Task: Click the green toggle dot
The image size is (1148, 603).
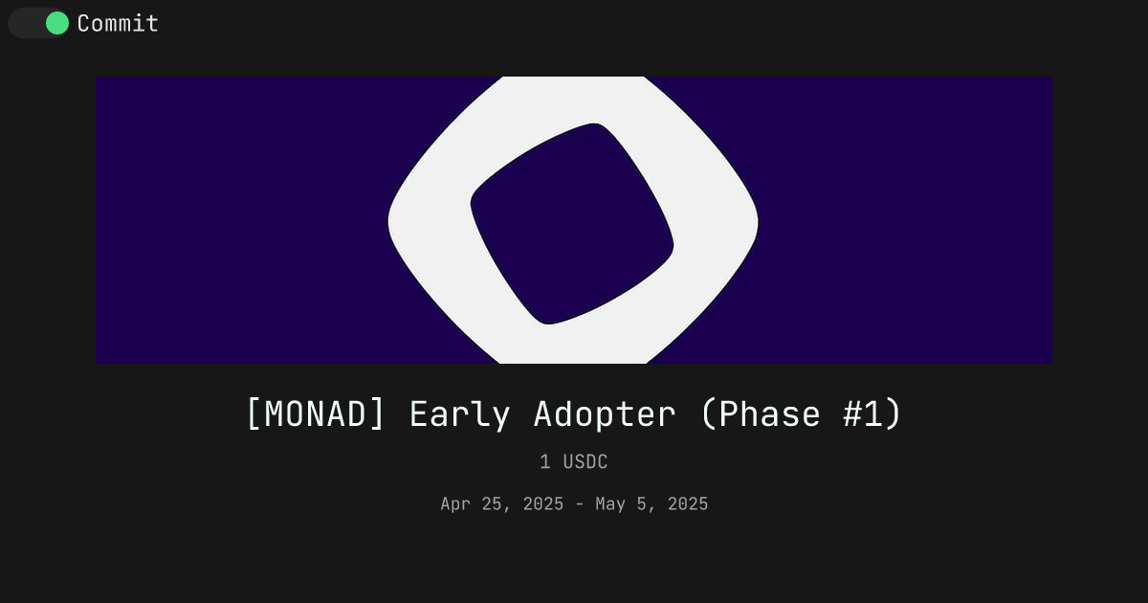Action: pos(57,23)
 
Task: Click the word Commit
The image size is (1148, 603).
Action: pos(118,24)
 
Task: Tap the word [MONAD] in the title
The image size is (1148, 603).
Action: pos(316,413)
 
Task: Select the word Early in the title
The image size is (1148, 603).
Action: pos(460,414)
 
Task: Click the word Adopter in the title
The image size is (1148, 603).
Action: pos(605,414)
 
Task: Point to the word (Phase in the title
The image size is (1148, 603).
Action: pos(761,413)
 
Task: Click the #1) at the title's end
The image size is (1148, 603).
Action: pos(872,413)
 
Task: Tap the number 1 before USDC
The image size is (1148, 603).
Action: pos(545,462)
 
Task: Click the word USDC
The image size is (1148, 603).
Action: pos(585,462)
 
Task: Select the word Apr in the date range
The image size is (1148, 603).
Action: pos(455,504)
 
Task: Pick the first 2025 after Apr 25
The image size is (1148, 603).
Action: pos(543,504)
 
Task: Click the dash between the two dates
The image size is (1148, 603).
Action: pos(579,504)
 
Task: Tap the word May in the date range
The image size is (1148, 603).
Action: pos(610,504)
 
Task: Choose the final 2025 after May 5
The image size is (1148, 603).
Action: pos(688,504)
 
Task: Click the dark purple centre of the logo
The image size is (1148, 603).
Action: pos(572,224)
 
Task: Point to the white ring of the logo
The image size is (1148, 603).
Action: pos(430,220)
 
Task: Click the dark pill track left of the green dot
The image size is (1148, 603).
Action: pos(27,23)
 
